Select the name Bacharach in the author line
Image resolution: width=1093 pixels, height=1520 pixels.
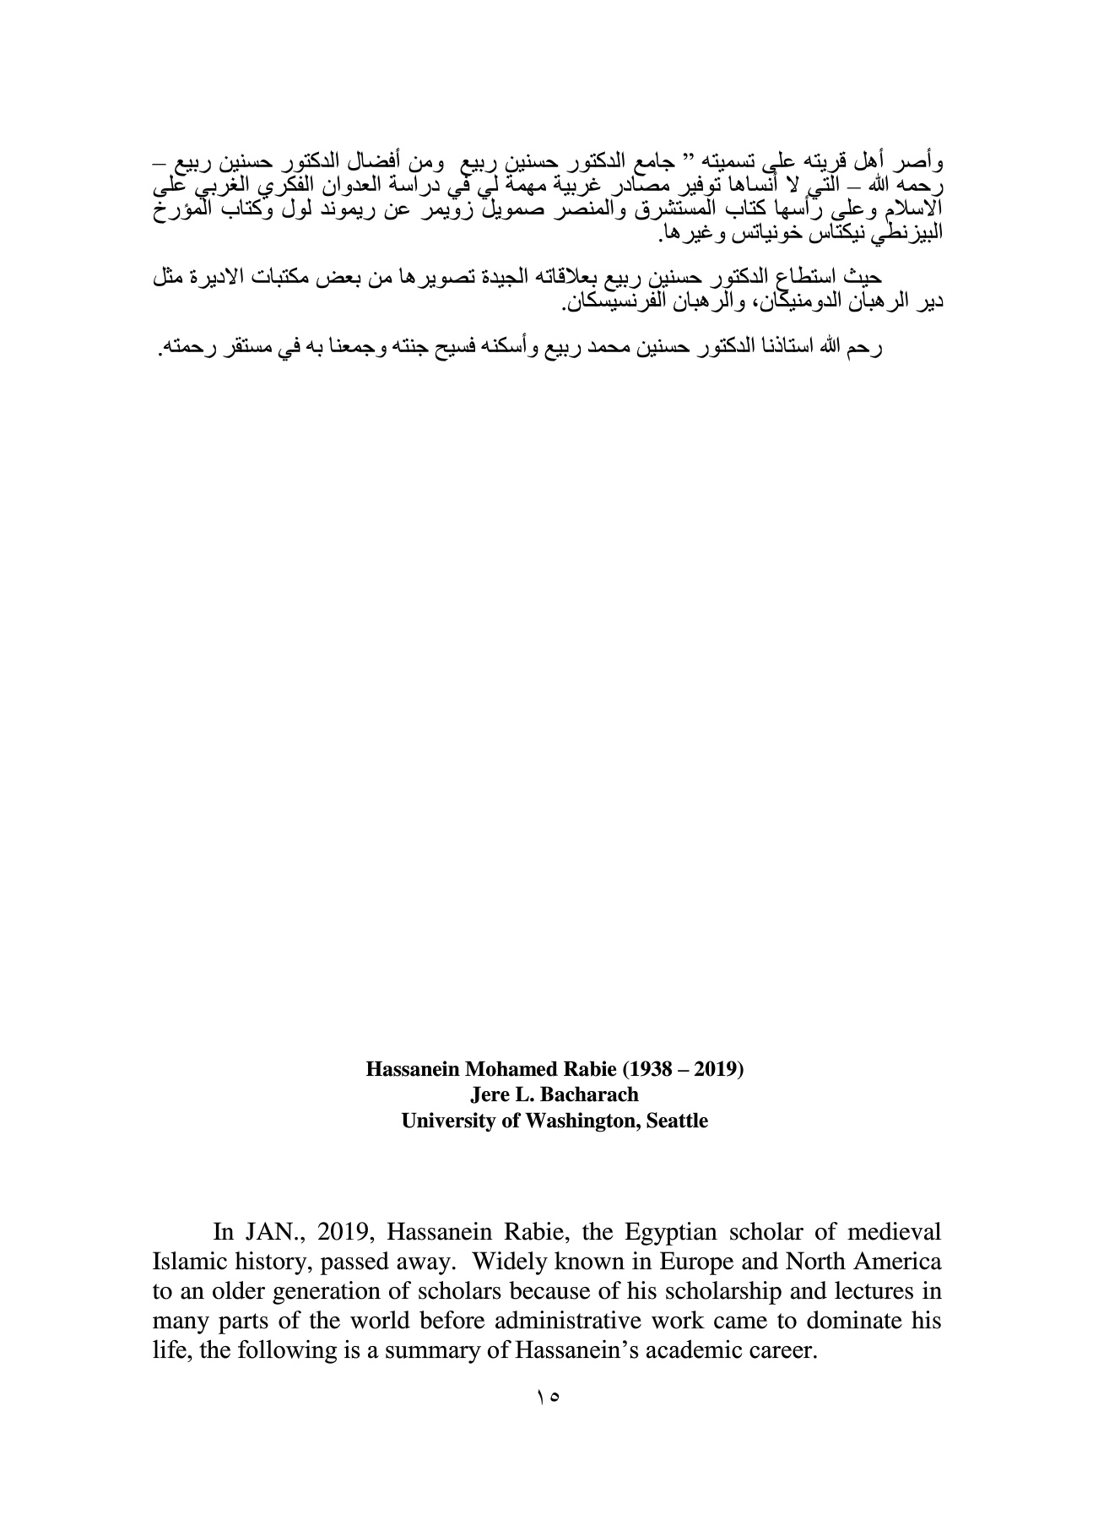click(585, 1094)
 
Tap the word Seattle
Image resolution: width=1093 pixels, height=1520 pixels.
click(677, 1121)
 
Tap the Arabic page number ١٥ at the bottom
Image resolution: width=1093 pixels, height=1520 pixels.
click(547, 1398)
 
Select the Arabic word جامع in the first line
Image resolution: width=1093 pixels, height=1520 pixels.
click(645, 160)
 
